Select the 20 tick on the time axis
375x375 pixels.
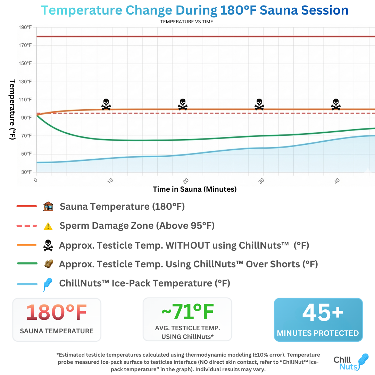click(186, 181)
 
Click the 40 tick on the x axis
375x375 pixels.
click(337, 181)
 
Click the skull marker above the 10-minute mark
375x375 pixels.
click(106, 104)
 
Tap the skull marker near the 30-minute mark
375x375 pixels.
click(259, 104)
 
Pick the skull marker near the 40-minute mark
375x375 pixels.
click(335, 104)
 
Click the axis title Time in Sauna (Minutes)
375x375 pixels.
click(194, 189)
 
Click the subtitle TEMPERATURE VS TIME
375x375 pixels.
click(186, 22)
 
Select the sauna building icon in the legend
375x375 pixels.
click(48, 207)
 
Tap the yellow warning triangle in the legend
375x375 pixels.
click(48, 226)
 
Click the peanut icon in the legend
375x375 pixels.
click(48, 264)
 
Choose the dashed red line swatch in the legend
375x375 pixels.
click(27, 226)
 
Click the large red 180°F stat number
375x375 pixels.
click(57, 312)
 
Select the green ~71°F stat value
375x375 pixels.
click(187, 312)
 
